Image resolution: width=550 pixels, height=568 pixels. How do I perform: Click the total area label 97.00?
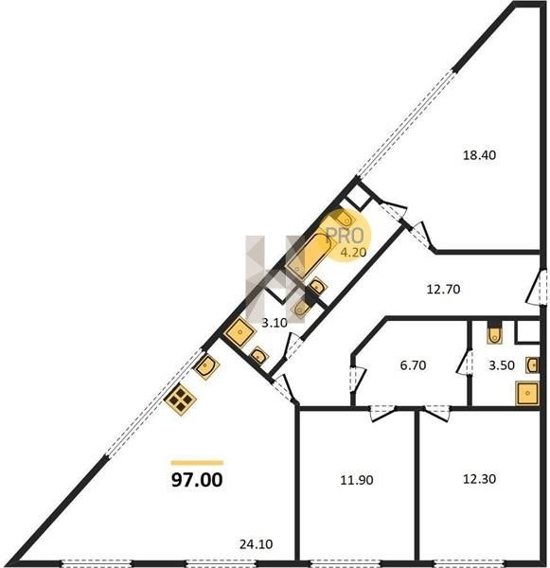pos(197,480)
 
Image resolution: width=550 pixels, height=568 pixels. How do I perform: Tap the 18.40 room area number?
pos(479,155)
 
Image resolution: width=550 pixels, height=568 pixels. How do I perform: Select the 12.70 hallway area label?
pos(443,289)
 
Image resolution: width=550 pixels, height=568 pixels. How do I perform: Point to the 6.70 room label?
pos(413,365)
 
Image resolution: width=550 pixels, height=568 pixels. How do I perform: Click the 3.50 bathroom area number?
pos(502,365)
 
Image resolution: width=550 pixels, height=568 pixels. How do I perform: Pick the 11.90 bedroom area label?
pos(357,480)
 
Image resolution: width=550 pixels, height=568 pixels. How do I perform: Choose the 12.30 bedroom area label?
pos(479,479)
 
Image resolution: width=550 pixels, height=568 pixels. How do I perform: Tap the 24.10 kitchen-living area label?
pos(257,544)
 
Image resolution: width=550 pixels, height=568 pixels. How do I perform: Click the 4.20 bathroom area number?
pos(353,252)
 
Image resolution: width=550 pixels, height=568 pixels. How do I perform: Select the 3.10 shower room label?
pos(275,323)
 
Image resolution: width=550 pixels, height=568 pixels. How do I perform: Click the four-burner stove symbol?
pos(180,399)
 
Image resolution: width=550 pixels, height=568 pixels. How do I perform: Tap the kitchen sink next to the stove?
pos(206,366)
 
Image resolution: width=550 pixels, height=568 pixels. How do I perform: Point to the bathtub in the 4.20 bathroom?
pos(308,256)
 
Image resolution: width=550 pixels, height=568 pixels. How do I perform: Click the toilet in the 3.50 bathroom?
pos(494,332)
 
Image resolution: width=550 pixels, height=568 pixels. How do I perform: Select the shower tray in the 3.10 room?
pos(240,331)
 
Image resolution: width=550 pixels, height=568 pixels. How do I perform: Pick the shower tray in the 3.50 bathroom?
pos(527,393)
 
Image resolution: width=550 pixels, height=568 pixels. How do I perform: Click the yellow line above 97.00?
pos(197,463)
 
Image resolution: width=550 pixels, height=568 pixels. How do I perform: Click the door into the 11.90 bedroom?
pos(381,413)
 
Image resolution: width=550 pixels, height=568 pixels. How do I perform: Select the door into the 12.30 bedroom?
pos(437,413)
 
